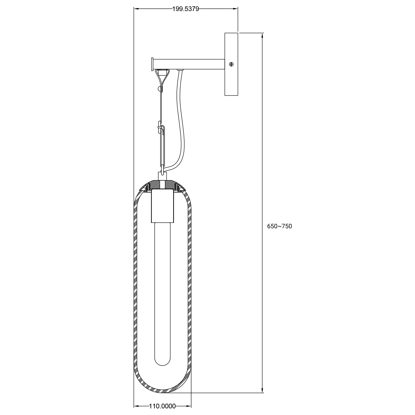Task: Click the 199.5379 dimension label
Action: pyautogui.click(x=186, y=9)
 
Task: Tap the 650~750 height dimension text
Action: pyautogui.click(x=279, y=226)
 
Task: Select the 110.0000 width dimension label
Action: pyautogui.click(x=162, y=406)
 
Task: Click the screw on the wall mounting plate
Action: pyautogui.click(x=232, y=64)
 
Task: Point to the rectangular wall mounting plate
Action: pyautogui.click(x=231, y=64)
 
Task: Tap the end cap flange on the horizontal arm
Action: pyautogui.click(x=152, y=64)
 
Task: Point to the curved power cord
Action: pyautogui.click(x=179, y=119)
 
